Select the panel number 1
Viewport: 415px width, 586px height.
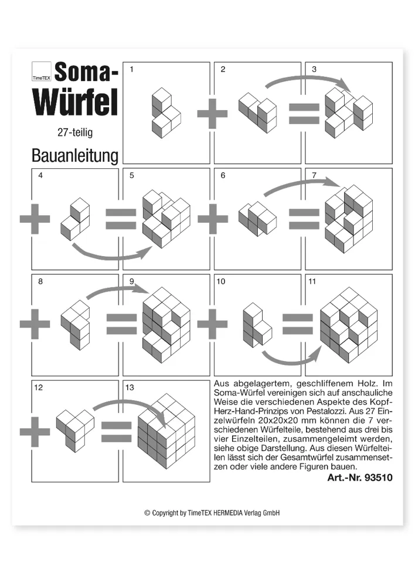[131, 70]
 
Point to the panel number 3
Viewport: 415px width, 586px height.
[314, 70]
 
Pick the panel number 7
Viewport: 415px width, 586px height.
[314, 175]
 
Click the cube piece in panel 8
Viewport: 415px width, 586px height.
[76, 322]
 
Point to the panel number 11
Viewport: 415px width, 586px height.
[312, 281]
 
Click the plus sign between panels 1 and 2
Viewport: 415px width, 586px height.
[212, 114]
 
